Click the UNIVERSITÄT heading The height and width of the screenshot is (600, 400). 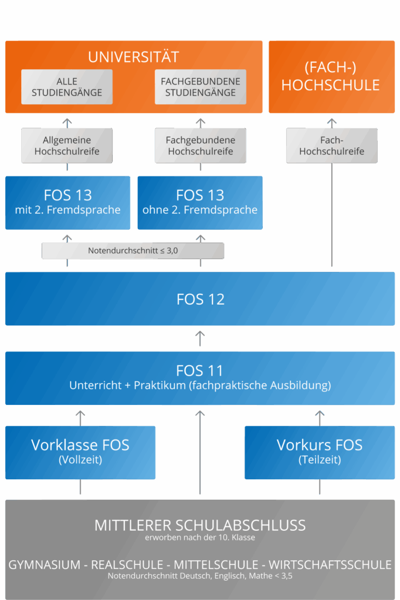pos(133,57)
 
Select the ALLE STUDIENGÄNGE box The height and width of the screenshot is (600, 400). pos(67,87)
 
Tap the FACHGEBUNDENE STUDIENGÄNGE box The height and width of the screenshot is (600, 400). pos(201,87)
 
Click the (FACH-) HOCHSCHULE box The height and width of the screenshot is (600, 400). pos(331,77)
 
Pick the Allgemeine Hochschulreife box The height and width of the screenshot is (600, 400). pos(67,146)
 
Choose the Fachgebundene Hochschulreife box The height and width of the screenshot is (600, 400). pos(201,146)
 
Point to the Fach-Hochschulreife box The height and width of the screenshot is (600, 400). pos(331,146)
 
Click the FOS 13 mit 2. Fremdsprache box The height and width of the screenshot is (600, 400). pos(67,202)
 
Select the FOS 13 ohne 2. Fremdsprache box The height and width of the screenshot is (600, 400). pos(200,202)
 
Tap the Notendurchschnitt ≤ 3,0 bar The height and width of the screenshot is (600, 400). pos(133,251)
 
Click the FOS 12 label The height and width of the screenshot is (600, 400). pos(200,299)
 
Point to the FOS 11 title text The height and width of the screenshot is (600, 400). pos(200,371)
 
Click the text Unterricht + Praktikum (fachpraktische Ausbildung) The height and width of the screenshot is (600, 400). pos(200,386)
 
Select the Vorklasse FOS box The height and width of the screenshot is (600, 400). pos(80,452)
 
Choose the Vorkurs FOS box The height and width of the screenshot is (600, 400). pos(320,452)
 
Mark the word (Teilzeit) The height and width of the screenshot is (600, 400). pos(320,461)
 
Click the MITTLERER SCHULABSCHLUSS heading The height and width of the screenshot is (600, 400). pos(200,525)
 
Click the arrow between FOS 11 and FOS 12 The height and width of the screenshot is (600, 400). pos(200,338)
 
